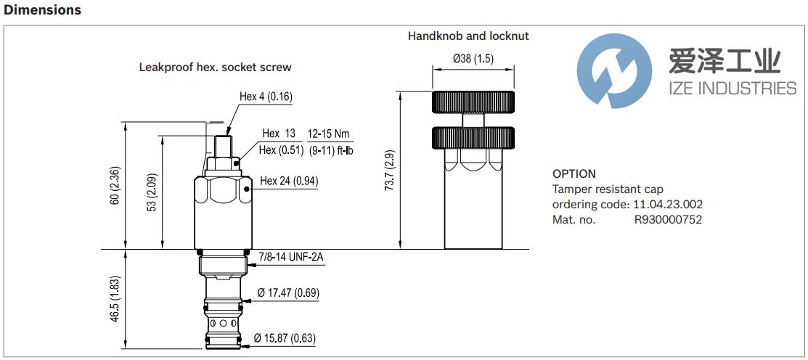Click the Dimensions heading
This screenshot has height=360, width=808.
43,10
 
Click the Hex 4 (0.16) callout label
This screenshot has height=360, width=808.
266,97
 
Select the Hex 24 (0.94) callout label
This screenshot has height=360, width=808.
289,181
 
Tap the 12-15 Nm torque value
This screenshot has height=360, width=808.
329,134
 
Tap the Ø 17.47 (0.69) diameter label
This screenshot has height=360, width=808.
288,293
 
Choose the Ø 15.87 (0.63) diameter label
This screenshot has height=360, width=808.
285,338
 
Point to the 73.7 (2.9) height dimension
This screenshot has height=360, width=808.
390,170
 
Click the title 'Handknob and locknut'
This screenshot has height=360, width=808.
468,36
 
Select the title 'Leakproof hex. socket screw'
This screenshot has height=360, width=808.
215,67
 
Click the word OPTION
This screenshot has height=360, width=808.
574,173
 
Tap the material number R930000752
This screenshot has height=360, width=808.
668,220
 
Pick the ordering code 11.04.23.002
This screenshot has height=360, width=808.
667,205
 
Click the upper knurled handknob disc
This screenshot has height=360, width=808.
474,102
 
